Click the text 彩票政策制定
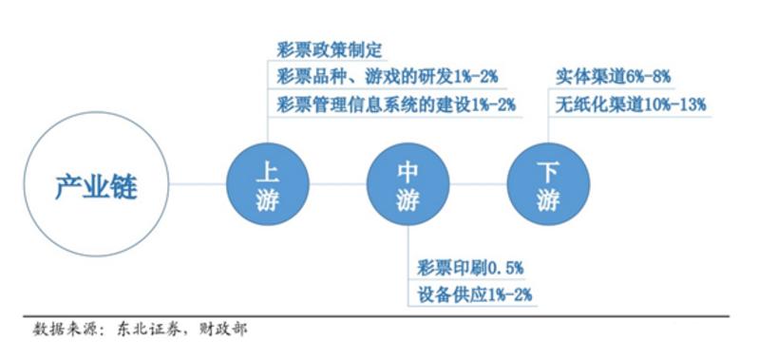pyautogui.click(x=329, y=49)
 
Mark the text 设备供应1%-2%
pyautogui.click(x=474, y=294)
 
